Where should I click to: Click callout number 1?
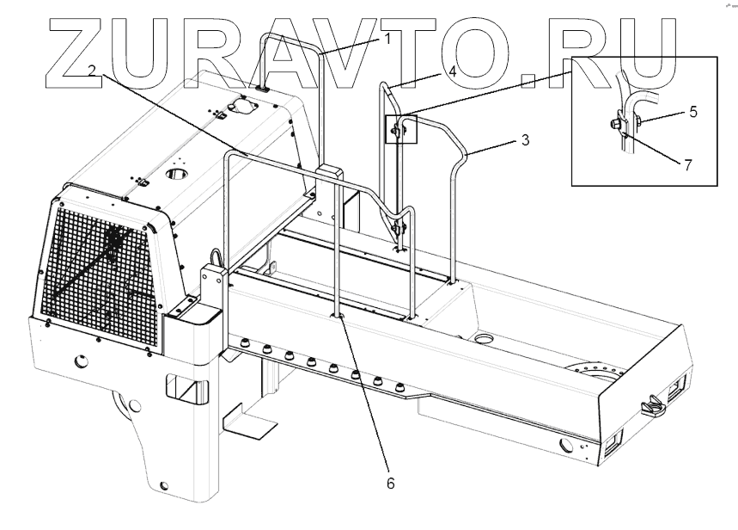[x=387, y=38]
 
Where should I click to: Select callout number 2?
[x=90, y=70]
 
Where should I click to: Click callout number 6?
[x=389, y=483]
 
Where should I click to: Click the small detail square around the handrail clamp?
[x=401, y=128]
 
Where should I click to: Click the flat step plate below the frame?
[x=250, y=422]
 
